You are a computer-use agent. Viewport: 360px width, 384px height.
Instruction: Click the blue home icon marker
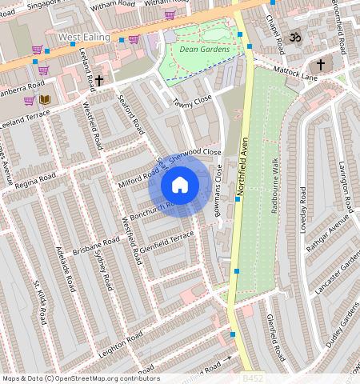click(180, 185)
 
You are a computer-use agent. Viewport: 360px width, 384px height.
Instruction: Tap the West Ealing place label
click(85, 38)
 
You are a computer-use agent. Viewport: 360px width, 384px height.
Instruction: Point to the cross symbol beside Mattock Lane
click(321, 64)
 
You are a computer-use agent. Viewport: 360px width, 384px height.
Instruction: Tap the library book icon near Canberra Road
click(45, 100)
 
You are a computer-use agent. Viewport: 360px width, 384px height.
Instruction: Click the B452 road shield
click(253, 375)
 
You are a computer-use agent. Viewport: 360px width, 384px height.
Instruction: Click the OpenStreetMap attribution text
click(81, 378)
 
